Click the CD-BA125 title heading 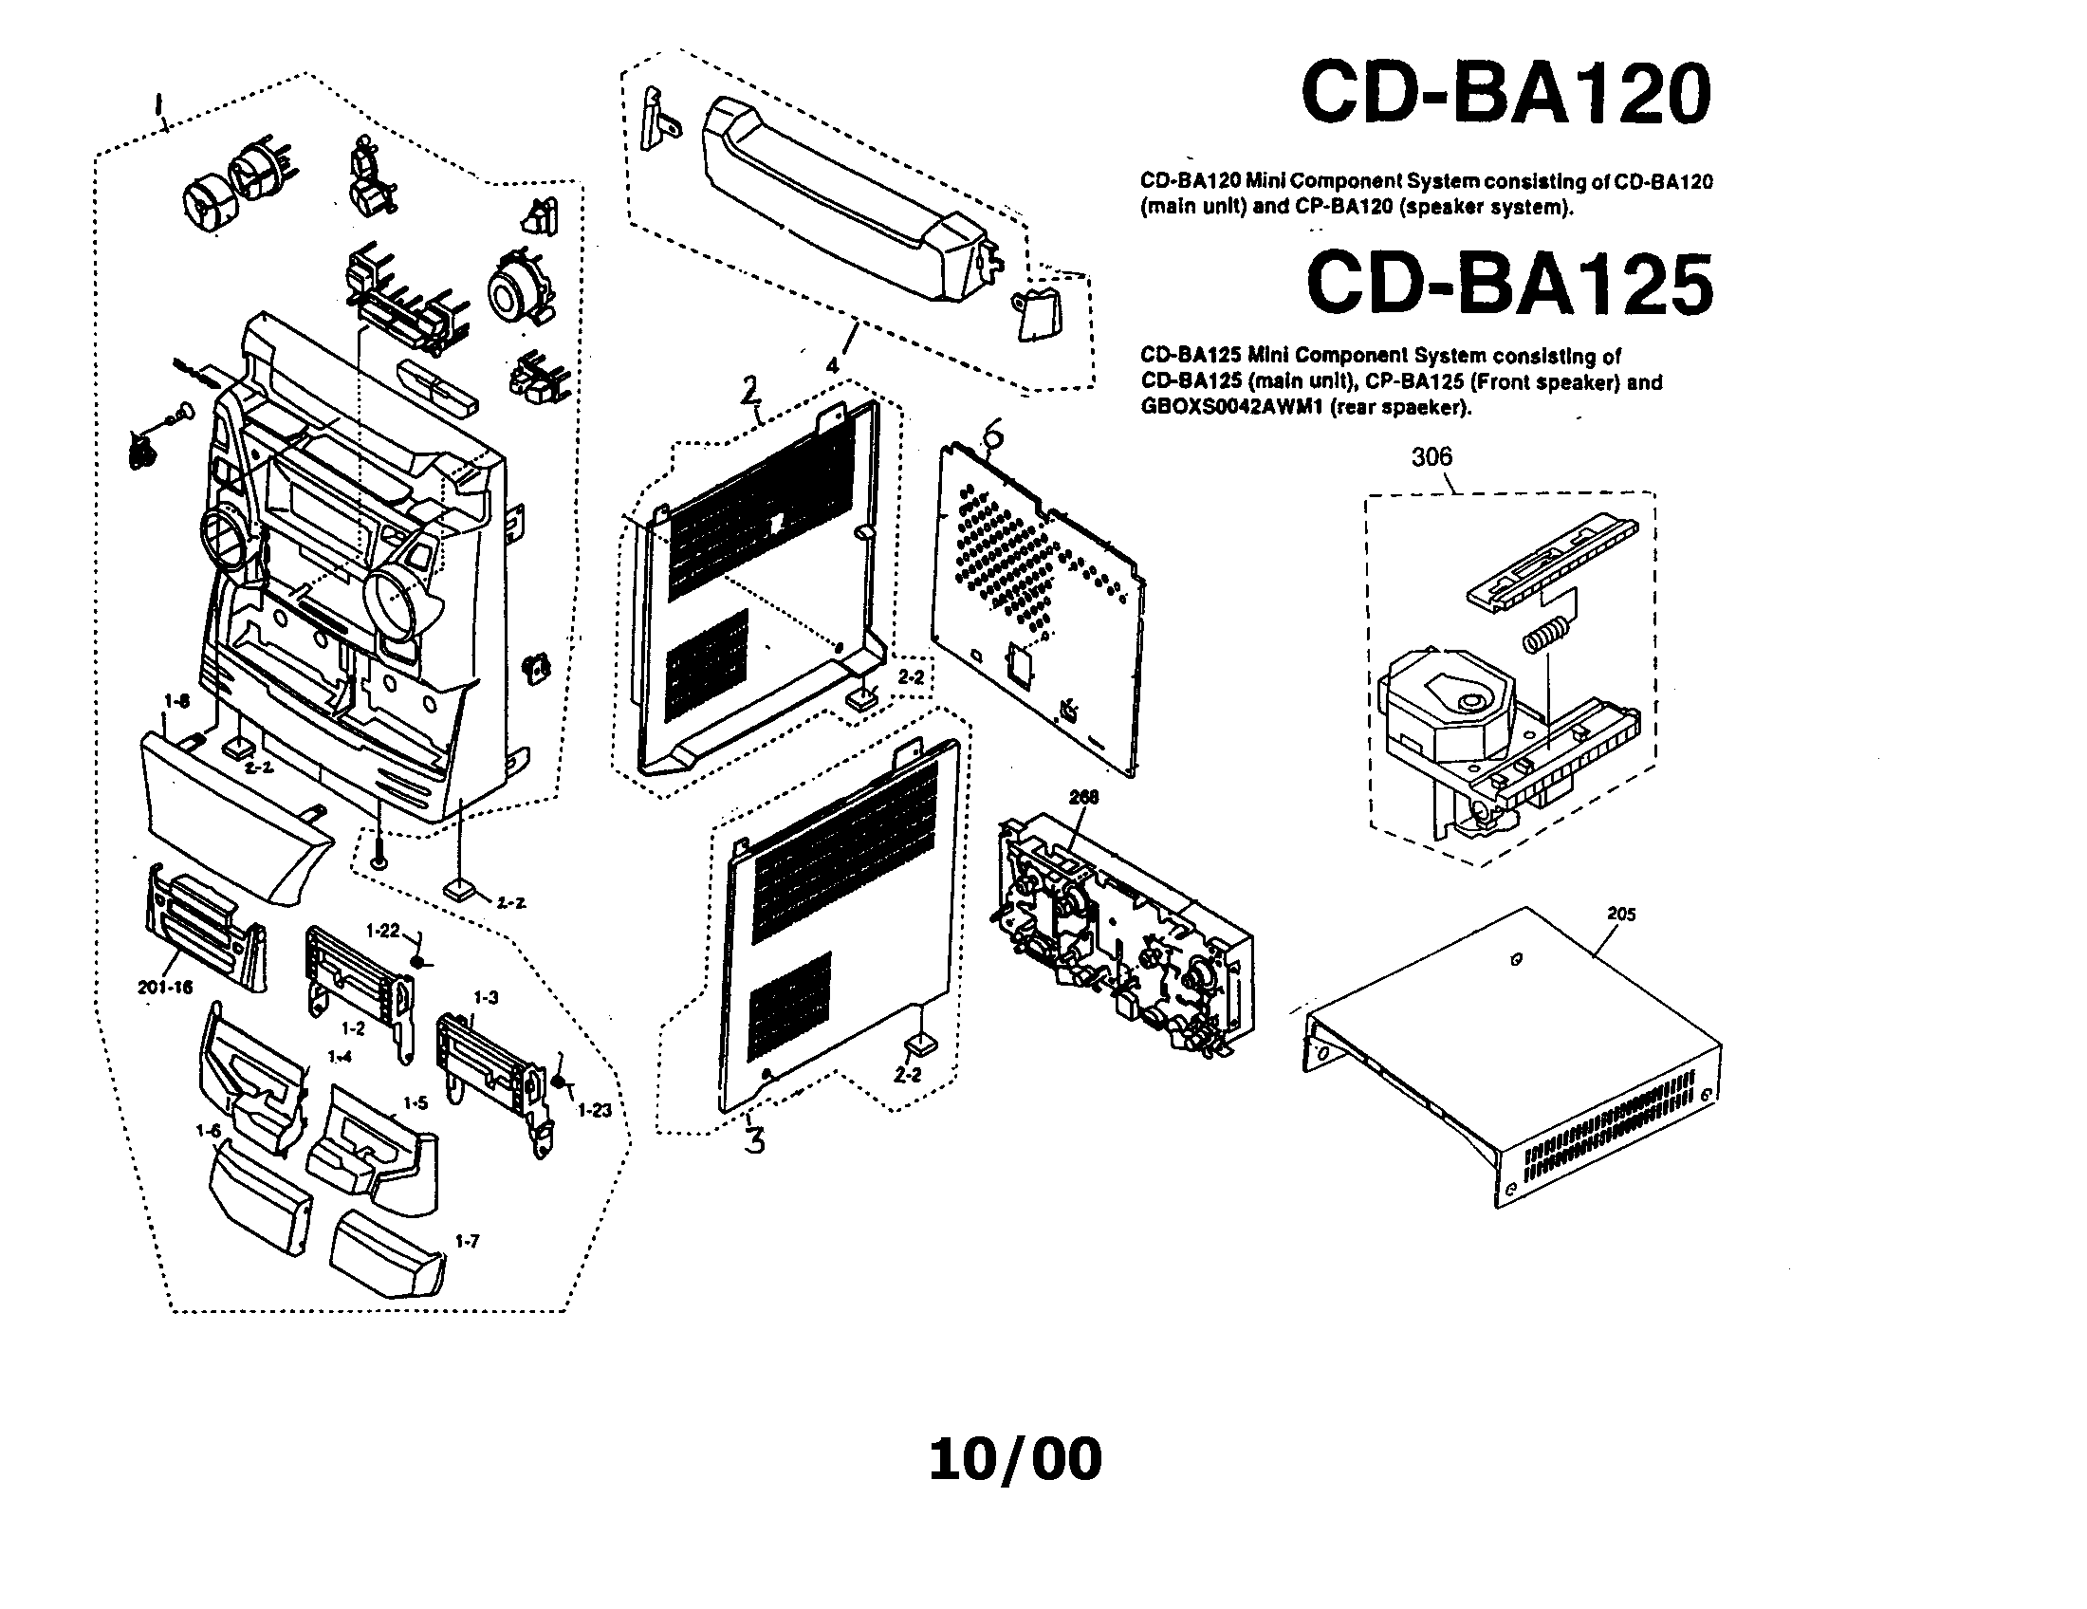(x=1509, y=284)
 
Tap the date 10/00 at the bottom (x=1015, y=1459)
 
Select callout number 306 (x=1431, y=457)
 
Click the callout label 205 (x=1620, y=915)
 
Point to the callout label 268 (x=1083, y=797)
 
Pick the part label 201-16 (x=165, y=987)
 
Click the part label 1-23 (x=595, y=1110)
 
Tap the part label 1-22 (x=383, y=931)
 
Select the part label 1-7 (x=468, y=1242)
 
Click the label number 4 (x=832, y=366)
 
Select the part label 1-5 (x=415, y=1102)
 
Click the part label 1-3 (x=486, y=997)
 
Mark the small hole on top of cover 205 (x=1517, y=959)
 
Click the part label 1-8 (x=176, y=702)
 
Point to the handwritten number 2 (x=751, y=388)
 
